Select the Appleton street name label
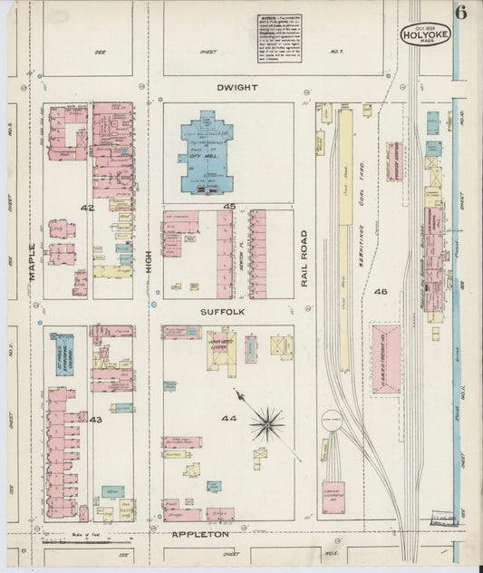click(200, 535)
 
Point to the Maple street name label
click(33, 261)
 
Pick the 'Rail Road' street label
click(304, 264)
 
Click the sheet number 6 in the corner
click(461, 13)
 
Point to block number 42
click(87, 208)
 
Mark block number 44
click(228, 418)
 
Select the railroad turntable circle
click(332, 421)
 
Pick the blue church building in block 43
click(63, 355)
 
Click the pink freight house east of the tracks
click(385, 359)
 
